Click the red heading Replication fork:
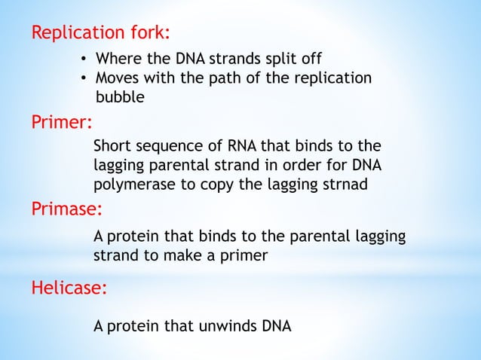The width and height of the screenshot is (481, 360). [x=100, y=33]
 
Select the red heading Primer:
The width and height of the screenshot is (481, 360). [x=61, y=123]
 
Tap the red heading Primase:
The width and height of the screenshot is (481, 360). [x=66, y=208]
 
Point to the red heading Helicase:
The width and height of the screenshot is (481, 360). [x=69, y=287]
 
